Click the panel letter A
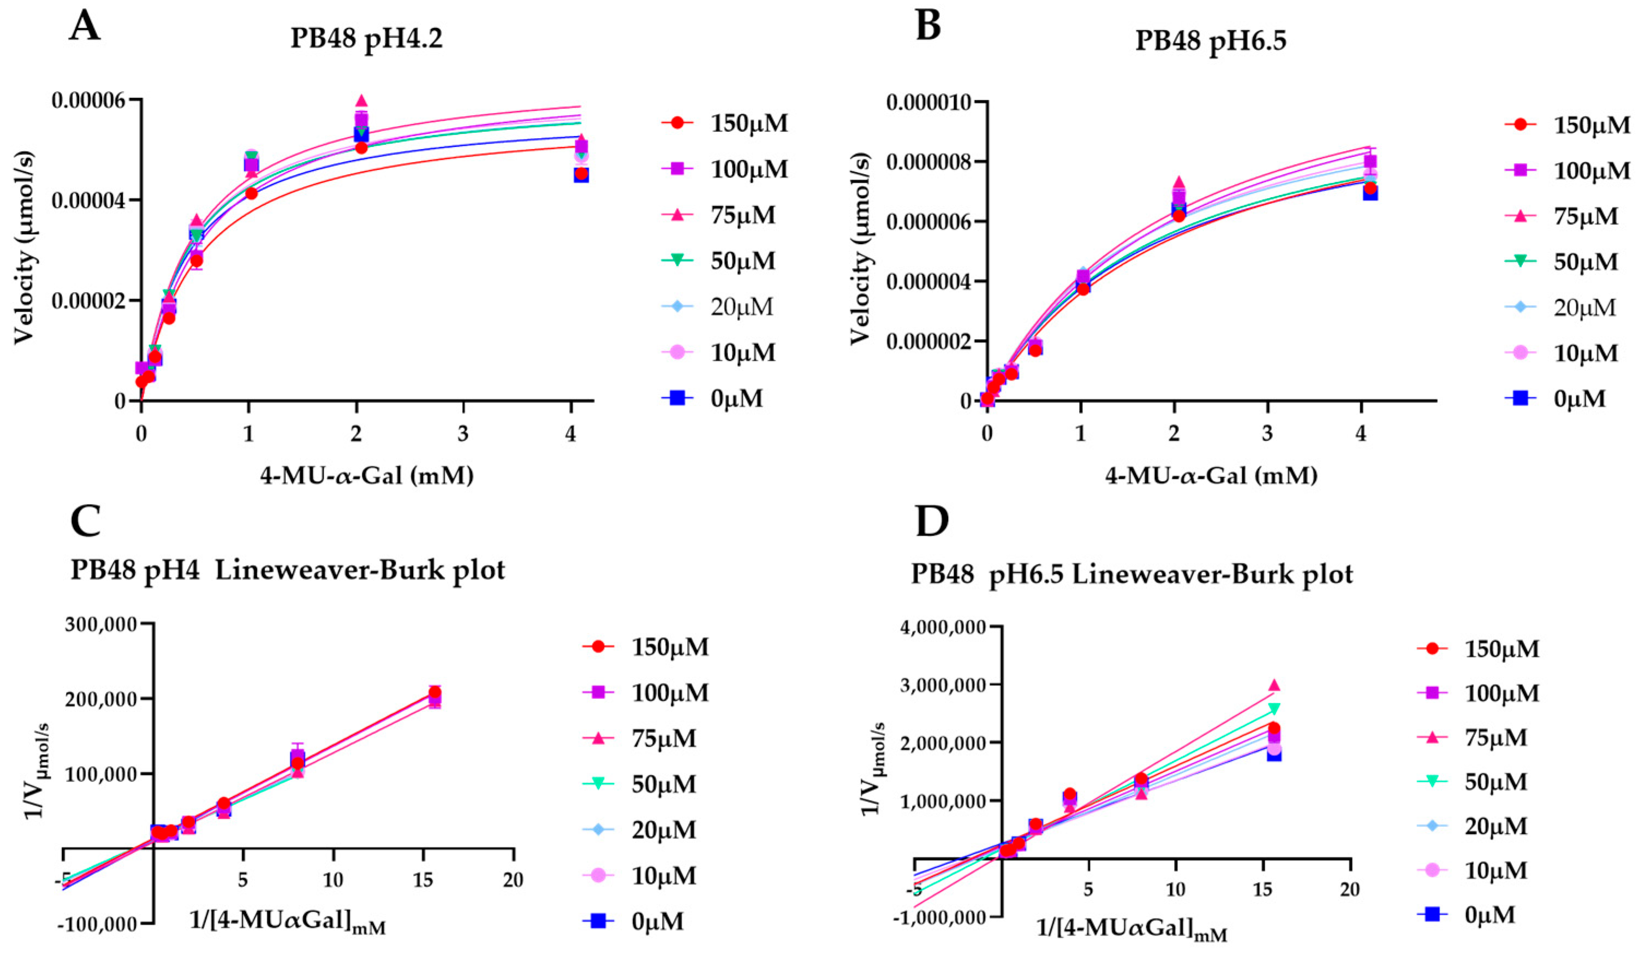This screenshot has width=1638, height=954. pos(85,27)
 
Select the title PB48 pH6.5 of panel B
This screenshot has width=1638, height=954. pos(1210,40)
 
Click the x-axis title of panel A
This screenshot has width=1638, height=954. pos(367,476)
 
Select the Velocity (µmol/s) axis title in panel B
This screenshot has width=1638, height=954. pos(859,248)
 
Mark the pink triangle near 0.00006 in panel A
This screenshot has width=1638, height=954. pos(362,101)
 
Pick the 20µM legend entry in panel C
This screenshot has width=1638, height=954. pos(663,830)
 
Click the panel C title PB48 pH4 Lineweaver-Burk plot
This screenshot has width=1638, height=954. pos(287,570)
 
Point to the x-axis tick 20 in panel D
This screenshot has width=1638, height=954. pos(1349,889)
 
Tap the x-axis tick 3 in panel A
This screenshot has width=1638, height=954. pos(463,434)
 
